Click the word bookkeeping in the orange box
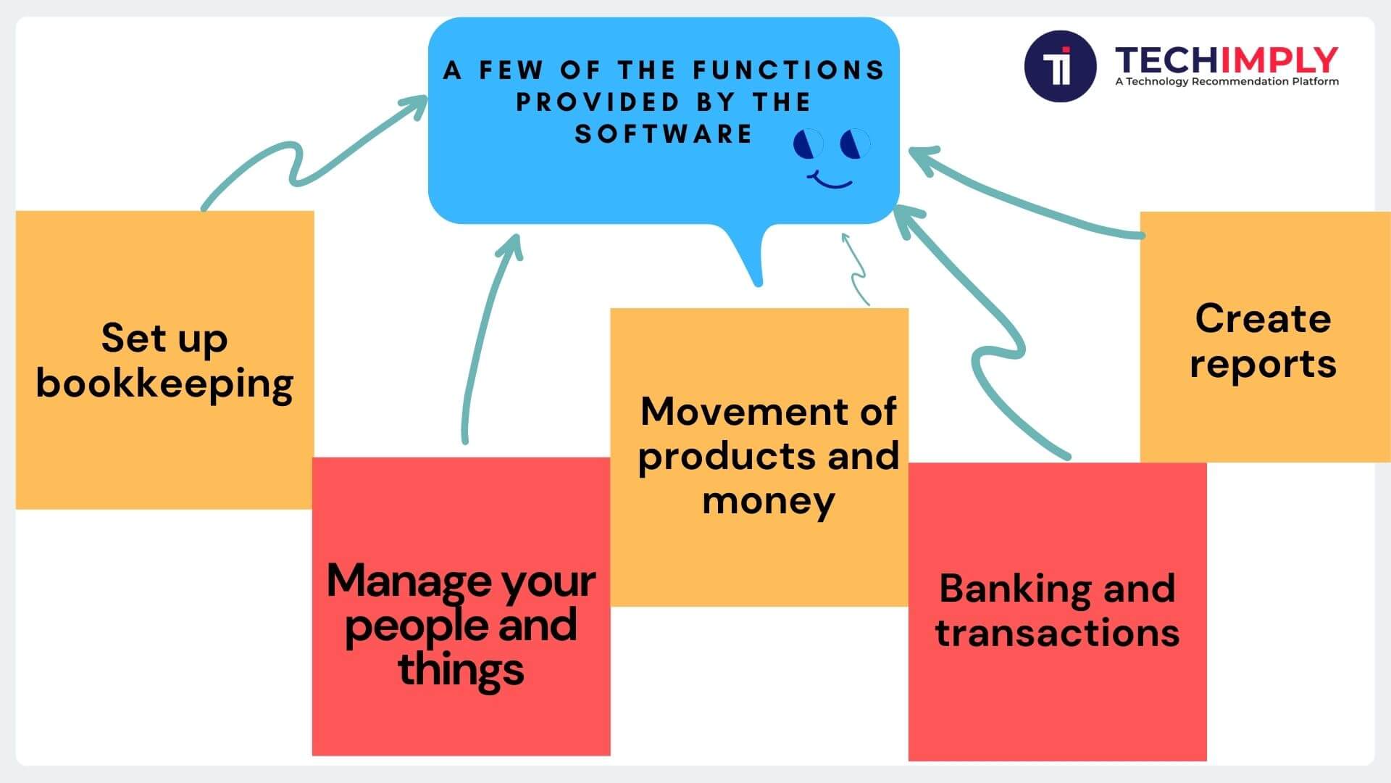[x=164, y=384]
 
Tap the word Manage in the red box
[x=408, y=581]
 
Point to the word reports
[x=1263, y=365]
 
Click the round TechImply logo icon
[x=1060, y=66]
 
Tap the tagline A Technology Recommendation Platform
[x=1227, y=82]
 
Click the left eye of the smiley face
[x=808, y=144]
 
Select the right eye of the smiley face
[x=855, y=144]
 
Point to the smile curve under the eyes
[x=831, y=180]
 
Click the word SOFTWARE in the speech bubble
[x=664, y=134]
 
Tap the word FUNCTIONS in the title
[x=789, y=70]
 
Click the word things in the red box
[x=461, y=670]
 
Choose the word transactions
[x=1057, y=633]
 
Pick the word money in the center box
[x=768, y=502]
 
